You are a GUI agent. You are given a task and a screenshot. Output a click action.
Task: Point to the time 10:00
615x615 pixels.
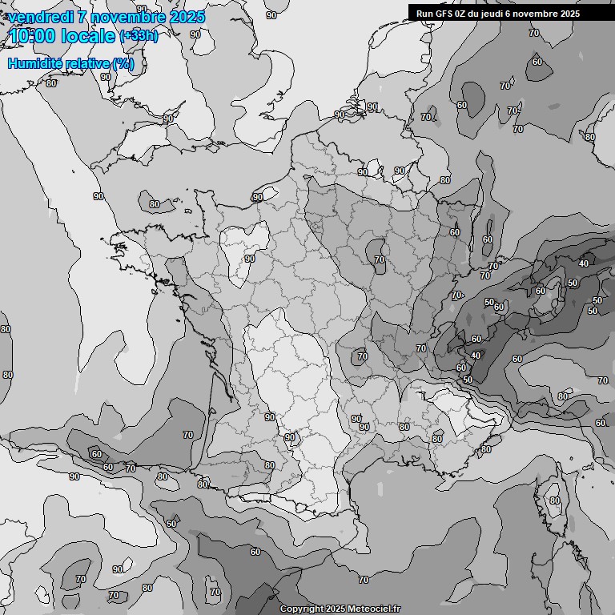click(32, 36)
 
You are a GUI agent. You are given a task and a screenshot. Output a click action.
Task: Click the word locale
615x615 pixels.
click(88, 36)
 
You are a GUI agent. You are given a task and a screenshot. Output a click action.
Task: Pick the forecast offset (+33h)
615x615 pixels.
click(139, 36)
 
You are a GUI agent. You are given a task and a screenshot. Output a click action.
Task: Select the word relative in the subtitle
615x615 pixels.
click(87, 64)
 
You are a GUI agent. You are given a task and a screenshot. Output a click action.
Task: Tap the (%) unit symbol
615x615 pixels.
click(123, 64)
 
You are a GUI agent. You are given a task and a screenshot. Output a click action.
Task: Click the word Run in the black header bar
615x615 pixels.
click(424, 14)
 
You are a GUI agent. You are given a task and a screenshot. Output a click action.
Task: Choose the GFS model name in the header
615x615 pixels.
click(444, 14)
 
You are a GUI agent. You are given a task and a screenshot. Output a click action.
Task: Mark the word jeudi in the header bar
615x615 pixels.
click(502, 14)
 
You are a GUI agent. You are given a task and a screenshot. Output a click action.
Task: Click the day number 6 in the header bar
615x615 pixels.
click(522, 14)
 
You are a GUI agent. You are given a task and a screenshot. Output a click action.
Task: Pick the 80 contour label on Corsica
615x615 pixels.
click(554, 501)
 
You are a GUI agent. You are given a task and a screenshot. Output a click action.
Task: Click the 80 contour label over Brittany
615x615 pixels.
click(155, 204)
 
